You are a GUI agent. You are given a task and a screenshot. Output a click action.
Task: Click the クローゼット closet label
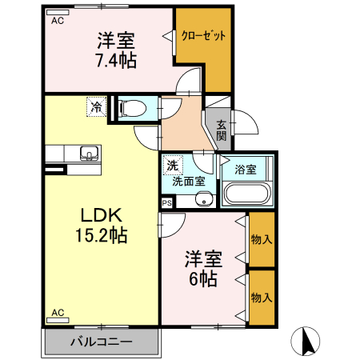[x=203, y=36]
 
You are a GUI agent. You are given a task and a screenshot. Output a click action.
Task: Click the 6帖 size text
[x=203, y=278]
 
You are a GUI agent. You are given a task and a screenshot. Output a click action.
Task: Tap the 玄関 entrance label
[x=221, y=130]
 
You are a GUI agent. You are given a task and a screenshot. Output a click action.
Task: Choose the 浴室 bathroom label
[x=246, y=170]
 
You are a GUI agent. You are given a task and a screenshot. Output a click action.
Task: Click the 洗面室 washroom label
[x=189, y=182]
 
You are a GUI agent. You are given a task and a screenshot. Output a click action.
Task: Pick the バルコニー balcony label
[x=100, y=342]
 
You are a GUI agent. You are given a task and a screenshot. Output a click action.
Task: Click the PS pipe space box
[x=166, y=203]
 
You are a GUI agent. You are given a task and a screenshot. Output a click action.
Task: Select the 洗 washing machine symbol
[x=172, y=166]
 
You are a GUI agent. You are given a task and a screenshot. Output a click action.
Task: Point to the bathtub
[x=247, y=194]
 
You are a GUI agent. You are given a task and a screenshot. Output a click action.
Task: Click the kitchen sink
[x=88, y=152]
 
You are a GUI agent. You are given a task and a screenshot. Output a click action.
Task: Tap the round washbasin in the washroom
[x=204, y=199]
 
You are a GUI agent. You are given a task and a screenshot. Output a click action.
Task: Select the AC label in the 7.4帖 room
[x=58, y=22]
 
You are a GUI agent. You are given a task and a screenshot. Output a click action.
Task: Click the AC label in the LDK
[x=58, y=312]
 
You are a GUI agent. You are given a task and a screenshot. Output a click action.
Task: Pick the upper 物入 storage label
[x=261, y=239]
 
